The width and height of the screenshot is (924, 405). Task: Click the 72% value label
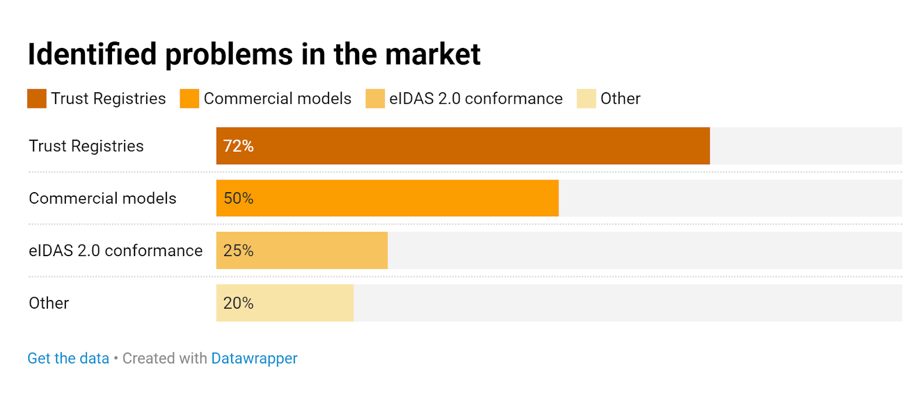pos(239,146)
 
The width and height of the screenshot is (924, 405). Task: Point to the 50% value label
pos(239,198)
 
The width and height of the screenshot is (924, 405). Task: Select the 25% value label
pos(239,250)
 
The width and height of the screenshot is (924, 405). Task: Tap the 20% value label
pos(239,303)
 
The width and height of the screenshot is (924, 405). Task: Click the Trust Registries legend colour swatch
pos(37,99)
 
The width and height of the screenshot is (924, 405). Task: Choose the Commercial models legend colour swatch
pos(189,99)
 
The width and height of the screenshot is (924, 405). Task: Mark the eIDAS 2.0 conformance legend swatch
pos(375,99)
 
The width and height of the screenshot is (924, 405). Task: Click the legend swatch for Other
pos(586,99)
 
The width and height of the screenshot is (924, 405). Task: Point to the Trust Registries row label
pos(86,146)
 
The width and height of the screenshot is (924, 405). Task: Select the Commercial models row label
pos(102,198)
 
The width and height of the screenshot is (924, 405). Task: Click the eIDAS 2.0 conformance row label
pos(115,250)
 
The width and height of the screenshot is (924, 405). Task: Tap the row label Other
pos(49,303)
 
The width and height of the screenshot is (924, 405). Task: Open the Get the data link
pos(68,358)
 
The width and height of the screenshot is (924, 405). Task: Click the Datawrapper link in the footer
pos(254,358)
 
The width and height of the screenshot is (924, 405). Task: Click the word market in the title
pos(433,54)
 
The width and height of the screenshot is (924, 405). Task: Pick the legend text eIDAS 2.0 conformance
pos(476,99)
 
